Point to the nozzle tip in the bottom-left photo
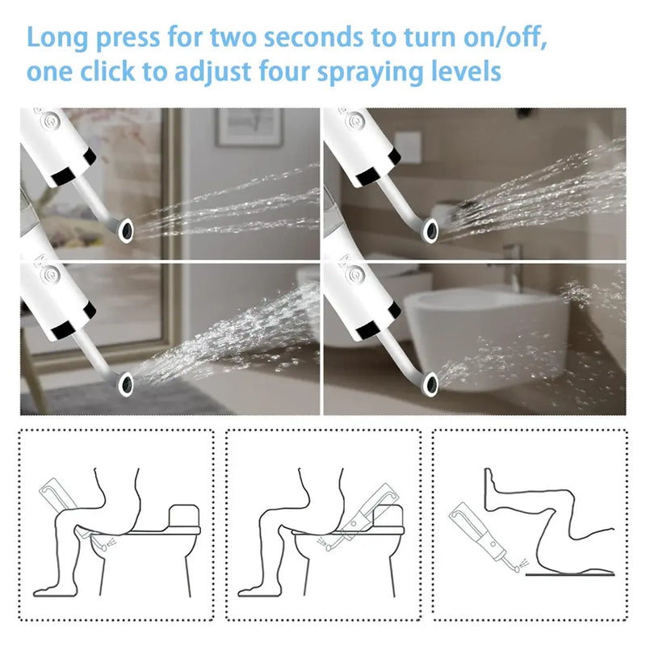click(125, 380)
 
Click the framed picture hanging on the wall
click(249, 127)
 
